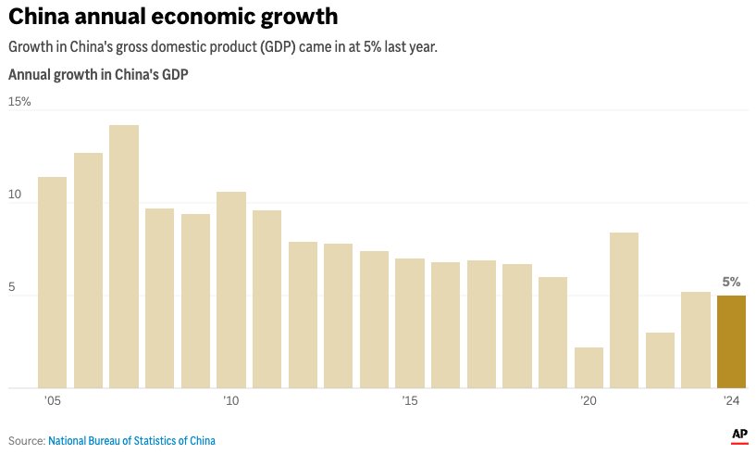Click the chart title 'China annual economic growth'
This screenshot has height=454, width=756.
(x=173, y=17)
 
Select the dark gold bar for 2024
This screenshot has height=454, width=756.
(x=731, y=341)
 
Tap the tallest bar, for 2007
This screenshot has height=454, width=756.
(x=124, y=257)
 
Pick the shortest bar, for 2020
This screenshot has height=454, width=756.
(x=589, y=368)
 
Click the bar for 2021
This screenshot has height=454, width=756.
(x=625, y=310)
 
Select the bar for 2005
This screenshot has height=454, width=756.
(x=52, y=283)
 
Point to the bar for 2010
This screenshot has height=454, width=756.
(x=231, y=290)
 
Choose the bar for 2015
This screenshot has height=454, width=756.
(x=410, y=323)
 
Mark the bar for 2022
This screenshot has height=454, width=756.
(x=660, y=360)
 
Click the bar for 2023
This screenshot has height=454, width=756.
(x=696, y=340)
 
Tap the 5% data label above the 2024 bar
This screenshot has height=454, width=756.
(x=731, y=282)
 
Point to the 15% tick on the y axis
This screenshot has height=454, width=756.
(x=19, y=101)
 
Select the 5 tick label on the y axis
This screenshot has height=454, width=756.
(x=13, y=287)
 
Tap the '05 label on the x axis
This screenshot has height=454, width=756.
(x=52, y=401)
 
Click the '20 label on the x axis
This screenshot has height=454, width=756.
(x=589, y=401)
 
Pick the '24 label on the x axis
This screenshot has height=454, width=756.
(x=731, y=401)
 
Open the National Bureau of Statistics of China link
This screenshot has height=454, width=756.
(x=131, y=441)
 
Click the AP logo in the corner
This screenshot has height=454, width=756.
(x=739, y=435)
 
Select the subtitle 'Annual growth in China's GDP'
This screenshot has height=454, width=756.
(x=98, y=75)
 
